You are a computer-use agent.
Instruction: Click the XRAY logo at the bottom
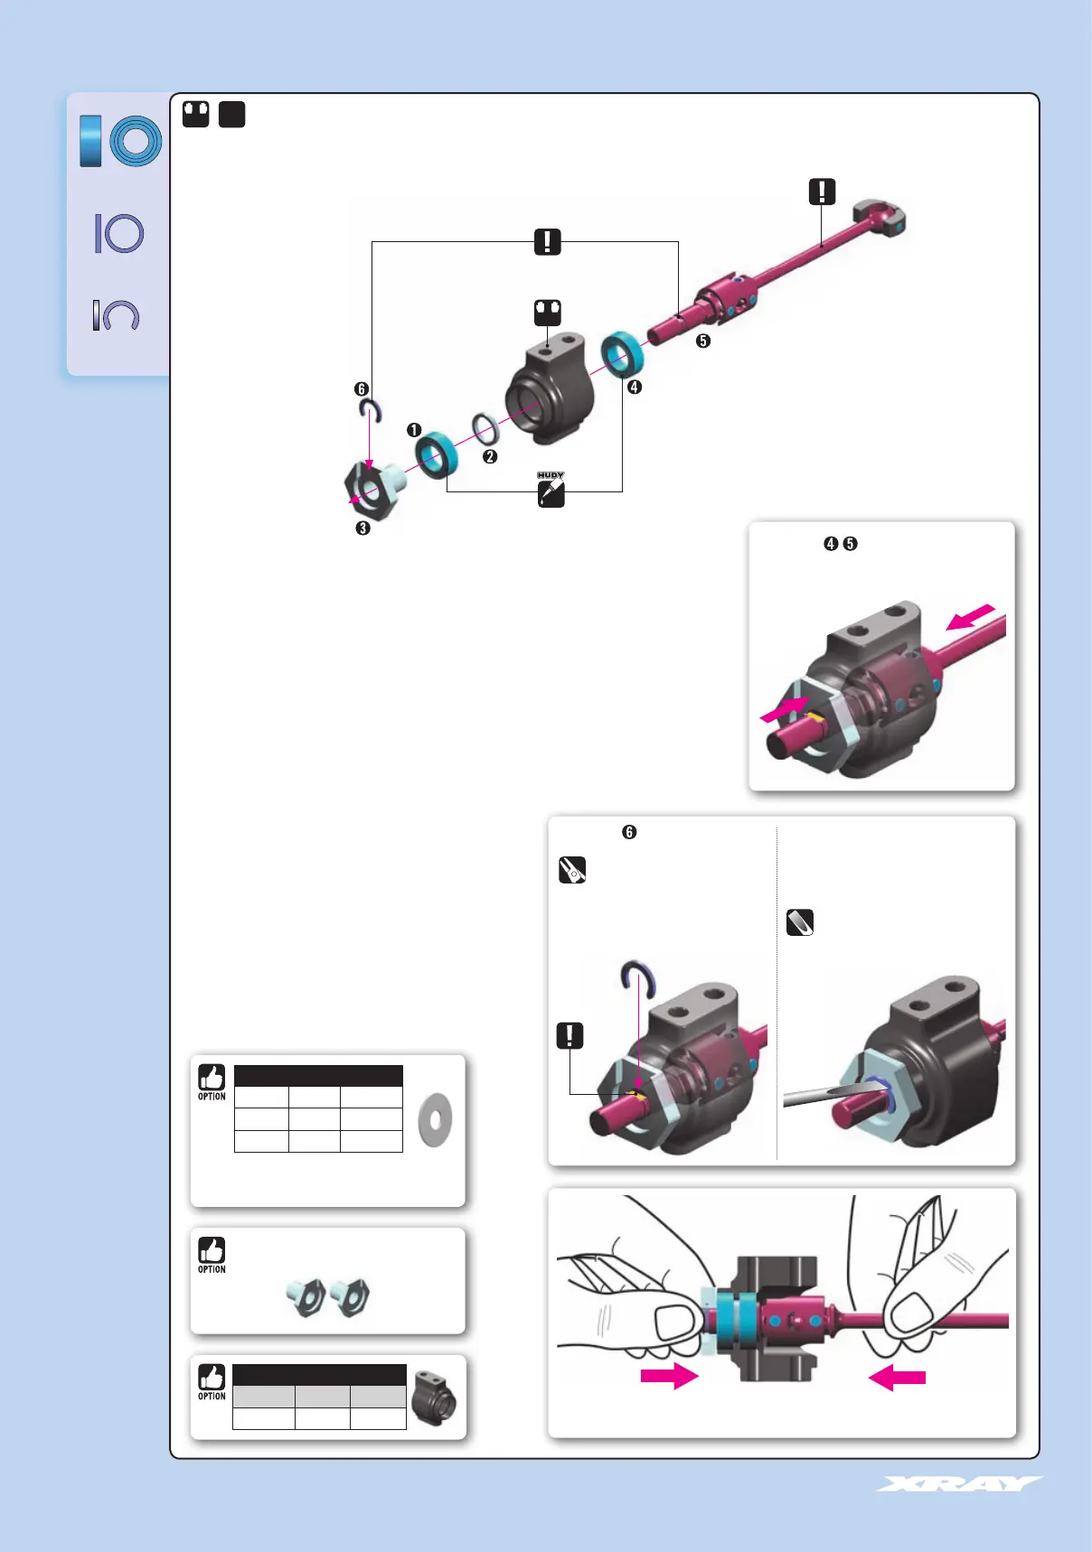coord(958,1483)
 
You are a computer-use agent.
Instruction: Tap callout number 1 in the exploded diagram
coord(414,430)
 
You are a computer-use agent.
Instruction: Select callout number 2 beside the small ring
coord(490,457)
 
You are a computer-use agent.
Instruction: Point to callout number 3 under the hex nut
coord(362,528)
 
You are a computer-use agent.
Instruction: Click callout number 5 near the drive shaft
coord(703,341)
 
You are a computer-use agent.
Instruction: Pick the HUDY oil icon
coord(551,491)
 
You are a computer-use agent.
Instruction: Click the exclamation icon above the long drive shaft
coord(822,192)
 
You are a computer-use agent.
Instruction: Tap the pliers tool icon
coord(572,870)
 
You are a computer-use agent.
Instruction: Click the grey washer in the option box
coord(436,1120)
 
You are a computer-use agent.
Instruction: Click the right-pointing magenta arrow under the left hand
coord(669,1377)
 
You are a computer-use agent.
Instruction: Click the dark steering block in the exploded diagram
coord(549,388)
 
